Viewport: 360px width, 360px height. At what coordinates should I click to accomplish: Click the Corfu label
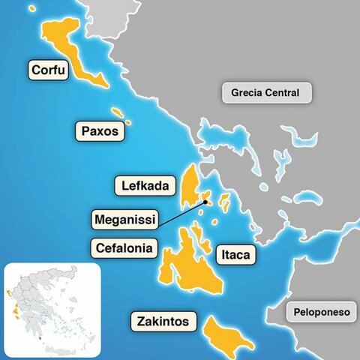(49, 71)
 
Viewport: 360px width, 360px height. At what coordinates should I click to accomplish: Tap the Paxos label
(100, 131)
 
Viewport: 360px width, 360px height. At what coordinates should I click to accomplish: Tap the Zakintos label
(164, 323)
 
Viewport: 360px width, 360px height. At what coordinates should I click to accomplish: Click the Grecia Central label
(265, 94)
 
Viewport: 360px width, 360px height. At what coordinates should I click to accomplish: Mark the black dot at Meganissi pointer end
(205, 201)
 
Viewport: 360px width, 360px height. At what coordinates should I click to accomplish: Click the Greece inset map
(52, 308)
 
